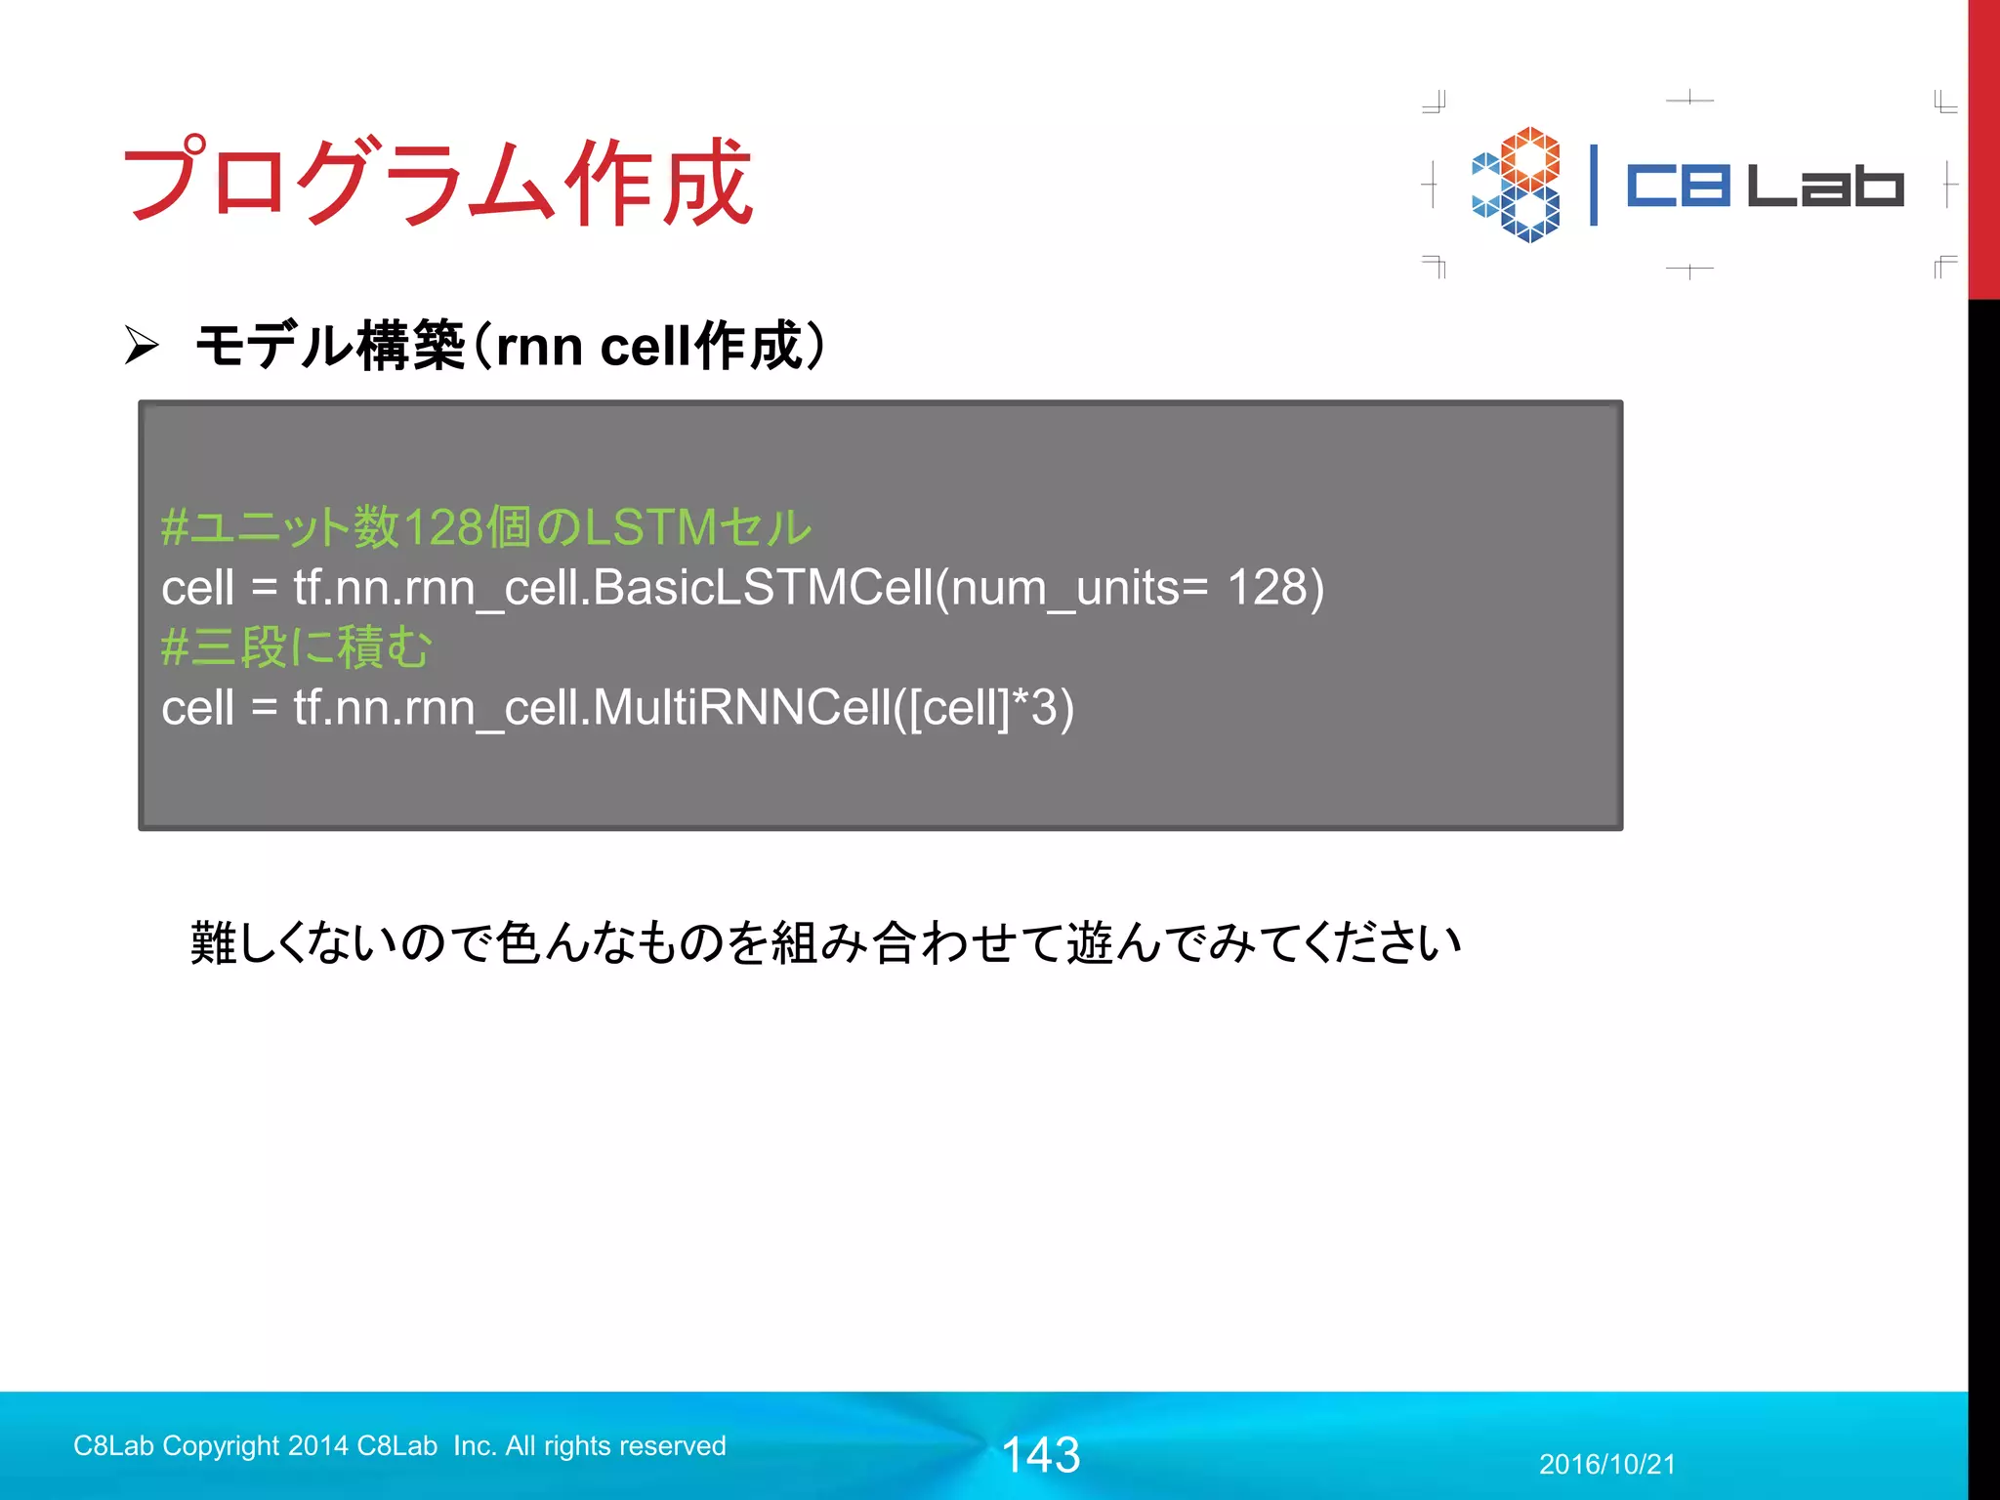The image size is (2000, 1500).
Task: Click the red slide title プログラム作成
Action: (437, 182)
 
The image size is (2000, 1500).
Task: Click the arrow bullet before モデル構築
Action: (142, 346)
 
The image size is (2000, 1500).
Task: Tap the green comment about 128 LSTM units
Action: (485, 527)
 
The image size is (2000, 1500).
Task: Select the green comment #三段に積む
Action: (296, 646)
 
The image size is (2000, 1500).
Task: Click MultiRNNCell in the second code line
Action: (742, 707)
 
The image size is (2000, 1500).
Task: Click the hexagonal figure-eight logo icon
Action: (1517, 185)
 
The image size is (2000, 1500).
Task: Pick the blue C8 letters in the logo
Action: (1678, 186)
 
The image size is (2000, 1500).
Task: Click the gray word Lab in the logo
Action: (1824, 186)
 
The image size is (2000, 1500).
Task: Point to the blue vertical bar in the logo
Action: (1594, 185)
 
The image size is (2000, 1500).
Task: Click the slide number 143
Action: (1041, 1455)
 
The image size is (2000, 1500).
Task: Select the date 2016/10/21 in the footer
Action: (1607, 1464)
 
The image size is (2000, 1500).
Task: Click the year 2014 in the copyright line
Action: (318, 1445)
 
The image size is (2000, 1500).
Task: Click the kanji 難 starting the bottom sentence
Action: (213, 943)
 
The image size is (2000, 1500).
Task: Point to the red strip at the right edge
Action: (1983, 146)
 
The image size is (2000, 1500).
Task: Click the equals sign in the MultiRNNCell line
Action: (264, 709)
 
